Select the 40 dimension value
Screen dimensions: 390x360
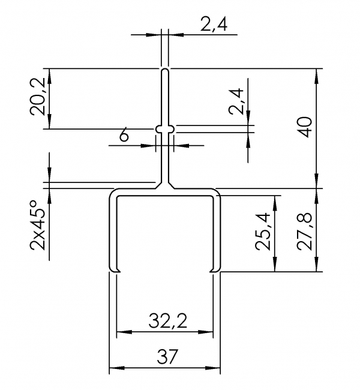tap(305, 128)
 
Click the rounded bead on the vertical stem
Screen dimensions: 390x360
tap(165, 128)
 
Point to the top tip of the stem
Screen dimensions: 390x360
tap(165, 70)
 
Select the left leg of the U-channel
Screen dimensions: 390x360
tap(112, 234)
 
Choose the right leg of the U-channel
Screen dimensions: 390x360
tap(217, 234)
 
